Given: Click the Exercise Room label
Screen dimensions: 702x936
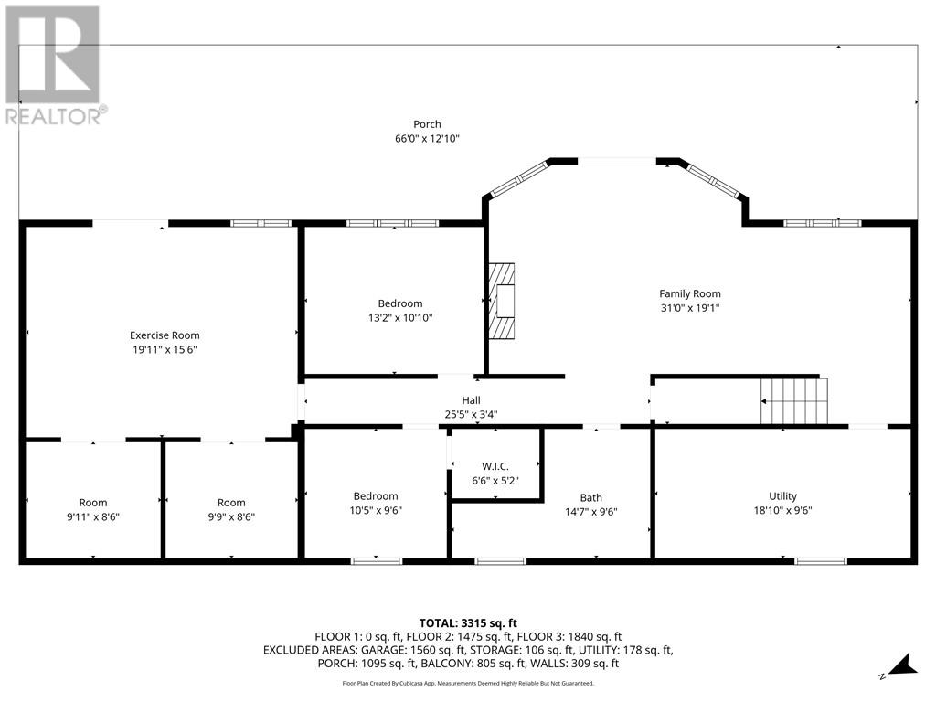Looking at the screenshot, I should click(x=165, y=335).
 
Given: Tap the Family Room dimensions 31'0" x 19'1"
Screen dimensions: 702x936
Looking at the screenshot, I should click(x=690, y=308).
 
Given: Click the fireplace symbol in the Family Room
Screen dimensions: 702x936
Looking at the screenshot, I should click(x=501, y=302).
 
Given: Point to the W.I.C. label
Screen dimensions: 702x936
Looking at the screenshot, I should click(x=495, y=466).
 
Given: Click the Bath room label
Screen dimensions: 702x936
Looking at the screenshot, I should click(x=591, y=498).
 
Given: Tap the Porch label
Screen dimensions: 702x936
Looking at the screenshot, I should click(x=427, y=124).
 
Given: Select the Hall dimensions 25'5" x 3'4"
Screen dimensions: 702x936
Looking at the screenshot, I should click(x=471, y=414).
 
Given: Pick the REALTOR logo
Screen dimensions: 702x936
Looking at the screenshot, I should click(x=55, y=65).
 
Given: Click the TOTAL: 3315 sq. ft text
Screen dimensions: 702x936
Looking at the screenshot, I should click(x=468, y=623).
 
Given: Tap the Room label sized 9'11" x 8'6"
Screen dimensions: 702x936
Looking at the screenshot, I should click(x=93, y=503).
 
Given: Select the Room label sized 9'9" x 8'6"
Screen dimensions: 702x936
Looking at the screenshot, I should click(x=231, y=503).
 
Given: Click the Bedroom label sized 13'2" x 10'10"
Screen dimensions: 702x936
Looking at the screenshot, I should click(x=400, y=303).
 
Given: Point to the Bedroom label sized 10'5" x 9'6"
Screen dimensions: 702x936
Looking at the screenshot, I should click(x=376, y=496).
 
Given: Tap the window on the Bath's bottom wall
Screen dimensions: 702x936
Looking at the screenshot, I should click(x=500, y=560).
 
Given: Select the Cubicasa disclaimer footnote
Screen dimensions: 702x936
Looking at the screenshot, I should click(x=468, y=683).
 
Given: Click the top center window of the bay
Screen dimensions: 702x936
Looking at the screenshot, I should click(x=616, y=161).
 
